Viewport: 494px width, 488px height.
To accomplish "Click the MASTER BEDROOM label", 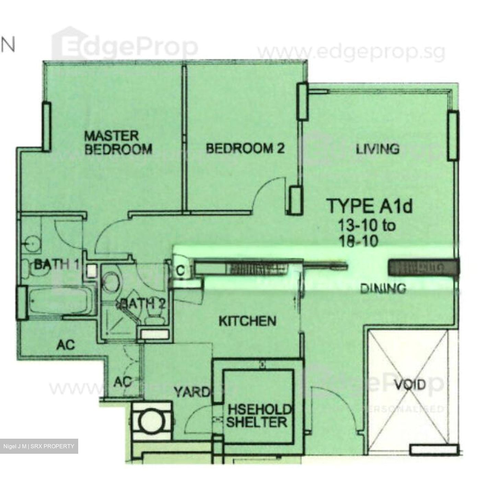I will (x=118, y=142).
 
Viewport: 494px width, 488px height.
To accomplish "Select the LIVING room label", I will (x=377, y=149).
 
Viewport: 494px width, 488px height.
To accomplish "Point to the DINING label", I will (x=383, y=288).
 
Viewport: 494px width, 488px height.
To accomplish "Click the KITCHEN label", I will (x=247, y=321).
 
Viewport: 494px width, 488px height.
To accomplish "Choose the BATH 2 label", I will (x=142, y=303).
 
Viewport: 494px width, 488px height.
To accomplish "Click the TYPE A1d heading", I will (x=369, y=206).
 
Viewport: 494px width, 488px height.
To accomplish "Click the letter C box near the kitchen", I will (x=180, y=271).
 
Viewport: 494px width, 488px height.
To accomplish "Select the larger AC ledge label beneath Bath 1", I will (x=66, y=345).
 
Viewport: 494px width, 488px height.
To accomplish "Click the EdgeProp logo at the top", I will (x=125, y=46).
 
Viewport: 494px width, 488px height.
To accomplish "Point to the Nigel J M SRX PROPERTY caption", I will (x=39, y=446).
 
